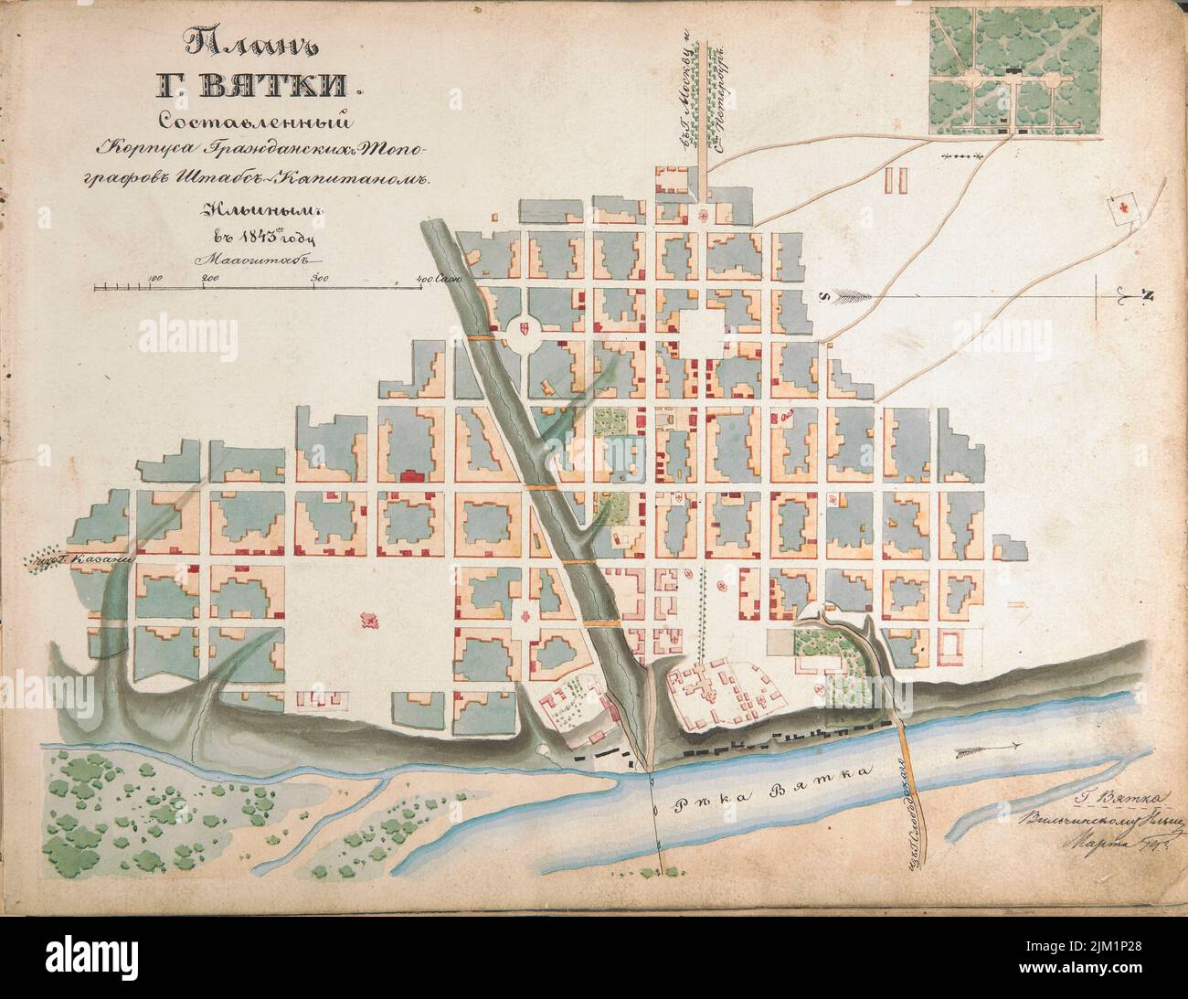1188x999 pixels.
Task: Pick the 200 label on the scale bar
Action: click(x=208, y=277)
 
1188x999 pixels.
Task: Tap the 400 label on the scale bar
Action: click(x=424, y=277)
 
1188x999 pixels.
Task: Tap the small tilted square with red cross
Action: click(x=1122, y=208)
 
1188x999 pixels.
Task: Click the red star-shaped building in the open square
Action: click(x=370, y=621)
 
